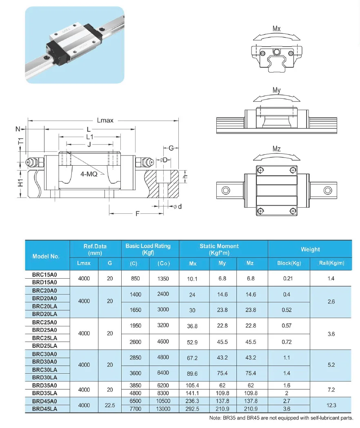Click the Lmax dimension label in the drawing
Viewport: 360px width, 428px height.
tap(105, 120)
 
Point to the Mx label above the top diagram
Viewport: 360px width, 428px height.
tap(276, 29)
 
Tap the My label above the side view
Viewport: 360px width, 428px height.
tap(276, 90)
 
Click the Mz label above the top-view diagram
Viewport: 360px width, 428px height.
tap(276, 149)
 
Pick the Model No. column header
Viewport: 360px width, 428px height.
tap(46, 256)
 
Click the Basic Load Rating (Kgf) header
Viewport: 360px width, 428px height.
tap(148, 249)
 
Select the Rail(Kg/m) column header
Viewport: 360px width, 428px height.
tap(331, 263)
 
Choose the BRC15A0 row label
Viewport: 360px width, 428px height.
tap(44, 275)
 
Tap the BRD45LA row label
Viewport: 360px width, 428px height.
tap(44, 408)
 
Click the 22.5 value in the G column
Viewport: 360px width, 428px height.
tap(110, 404)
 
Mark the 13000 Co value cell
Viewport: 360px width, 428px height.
tap(163, 408)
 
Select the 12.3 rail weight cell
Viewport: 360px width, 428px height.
tap(331, 404)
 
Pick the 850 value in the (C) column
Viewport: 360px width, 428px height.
tap(135, 278)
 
